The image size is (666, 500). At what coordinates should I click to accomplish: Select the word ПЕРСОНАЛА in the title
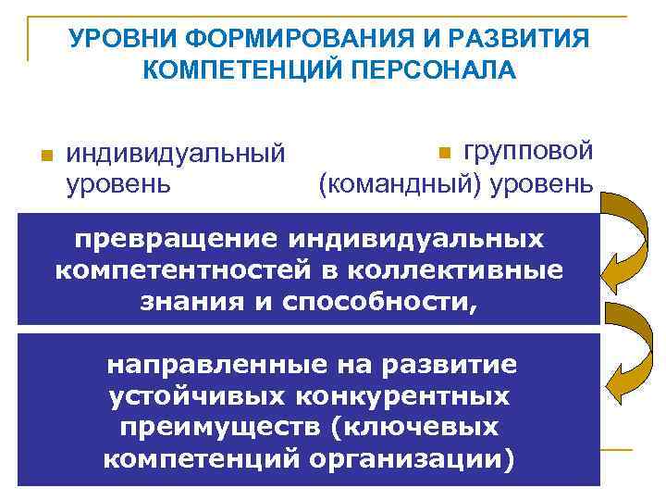[433, 71]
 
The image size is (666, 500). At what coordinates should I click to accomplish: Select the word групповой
[528, 149]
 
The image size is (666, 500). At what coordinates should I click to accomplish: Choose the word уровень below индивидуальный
[118, 182]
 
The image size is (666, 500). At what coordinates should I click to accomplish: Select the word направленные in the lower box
[207, 364]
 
